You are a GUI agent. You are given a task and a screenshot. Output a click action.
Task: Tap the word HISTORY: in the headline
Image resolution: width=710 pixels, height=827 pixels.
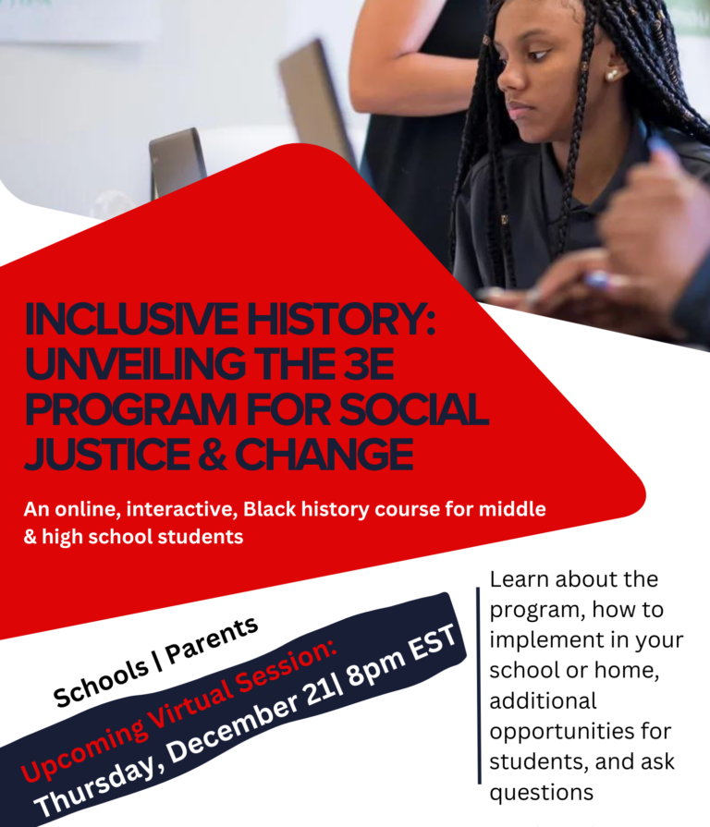(341, 320)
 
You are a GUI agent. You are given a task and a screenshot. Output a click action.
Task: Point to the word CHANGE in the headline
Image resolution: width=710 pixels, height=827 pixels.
(324, 455)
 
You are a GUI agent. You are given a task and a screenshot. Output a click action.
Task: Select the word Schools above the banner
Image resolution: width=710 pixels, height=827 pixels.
(101, 683)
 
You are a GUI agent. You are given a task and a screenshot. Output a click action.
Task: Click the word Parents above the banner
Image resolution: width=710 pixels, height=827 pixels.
(212, 641)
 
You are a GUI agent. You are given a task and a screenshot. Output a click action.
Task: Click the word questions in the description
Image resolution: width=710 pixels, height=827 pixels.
(541, 793)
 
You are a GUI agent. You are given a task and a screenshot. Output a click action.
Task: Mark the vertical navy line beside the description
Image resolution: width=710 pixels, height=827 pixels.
(479, 686)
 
